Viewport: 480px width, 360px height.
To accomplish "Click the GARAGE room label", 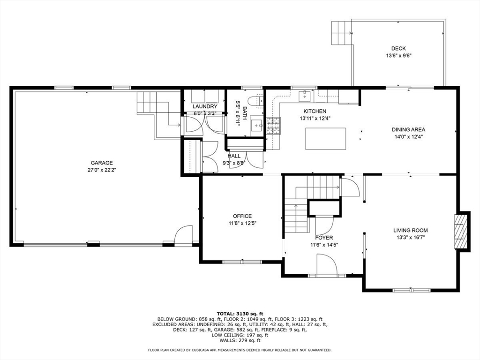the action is click(102, 163).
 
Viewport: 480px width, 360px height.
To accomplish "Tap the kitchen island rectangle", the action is click(326, 139).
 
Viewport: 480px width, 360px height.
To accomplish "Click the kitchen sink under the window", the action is click(305, 96).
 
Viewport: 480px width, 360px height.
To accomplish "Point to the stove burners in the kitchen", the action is click(273, 126).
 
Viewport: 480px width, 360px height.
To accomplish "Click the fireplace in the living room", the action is click(461, 232).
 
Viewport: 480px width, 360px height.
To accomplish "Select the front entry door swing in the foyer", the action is click(327, 265).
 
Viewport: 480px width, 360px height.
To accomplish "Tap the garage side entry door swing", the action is click(183, 235).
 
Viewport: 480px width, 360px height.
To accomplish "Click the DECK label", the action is click(398, 48).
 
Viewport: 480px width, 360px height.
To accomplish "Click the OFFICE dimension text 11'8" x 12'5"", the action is click(242, 223).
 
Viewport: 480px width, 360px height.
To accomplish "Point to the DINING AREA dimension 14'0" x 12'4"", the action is click(408, 137).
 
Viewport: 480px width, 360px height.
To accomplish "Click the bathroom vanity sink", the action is click(256, 126).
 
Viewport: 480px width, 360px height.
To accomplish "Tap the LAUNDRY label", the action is click(205, 106).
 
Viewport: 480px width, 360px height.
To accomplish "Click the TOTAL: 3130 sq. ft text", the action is click(240, 314).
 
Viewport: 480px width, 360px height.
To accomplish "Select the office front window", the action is click(242, 262).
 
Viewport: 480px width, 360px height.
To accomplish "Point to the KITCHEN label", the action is click(315, 111).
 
